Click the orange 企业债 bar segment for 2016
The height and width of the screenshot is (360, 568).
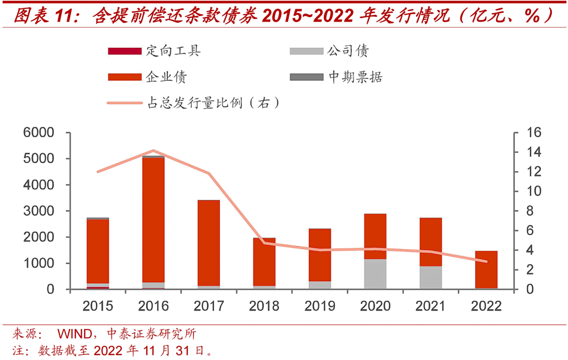tap(153, 220)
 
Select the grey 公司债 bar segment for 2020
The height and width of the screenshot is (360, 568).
tap(376, 274)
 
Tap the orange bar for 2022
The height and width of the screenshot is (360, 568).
tap(486, 269)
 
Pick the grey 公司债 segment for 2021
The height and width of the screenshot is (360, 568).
tap(431, 277)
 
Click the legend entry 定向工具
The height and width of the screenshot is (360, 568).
tap(174, 51)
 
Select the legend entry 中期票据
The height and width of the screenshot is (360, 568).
tap(355, 77)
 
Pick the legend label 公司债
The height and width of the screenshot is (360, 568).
tap(348, 51)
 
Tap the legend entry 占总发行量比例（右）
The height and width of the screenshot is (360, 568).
tap(212, 102)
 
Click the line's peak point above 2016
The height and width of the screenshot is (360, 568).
tap(153, 151)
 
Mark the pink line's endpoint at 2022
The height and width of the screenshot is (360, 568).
tap(486, 261)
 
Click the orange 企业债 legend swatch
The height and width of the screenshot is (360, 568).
tap(124, 77)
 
